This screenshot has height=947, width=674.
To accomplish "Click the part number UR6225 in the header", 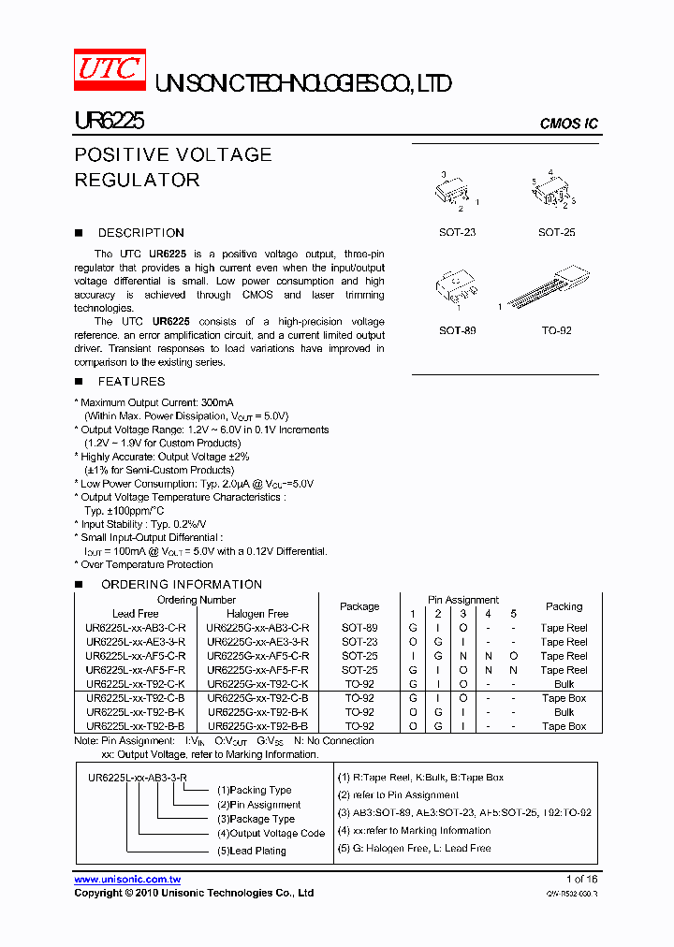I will (109, 122).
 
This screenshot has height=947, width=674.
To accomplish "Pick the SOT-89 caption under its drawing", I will (457, 330).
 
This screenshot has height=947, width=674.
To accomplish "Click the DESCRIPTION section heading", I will (140, 233).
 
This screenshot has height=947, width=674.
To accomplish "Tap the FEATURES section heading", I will (131, 382).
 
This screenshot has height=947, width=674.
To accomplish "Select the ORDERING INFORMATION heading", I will (181, 585).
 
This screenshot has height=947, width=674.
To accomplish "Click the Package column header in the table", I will (359, 606).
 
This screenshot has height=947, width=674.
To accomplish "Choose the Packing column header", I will (564, 606).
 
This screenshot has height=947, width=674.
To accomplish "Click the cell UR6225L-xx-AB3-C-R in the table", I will (136, 628).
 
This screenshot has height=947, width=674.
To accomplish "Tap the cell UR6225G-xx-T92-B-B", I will (257, 726).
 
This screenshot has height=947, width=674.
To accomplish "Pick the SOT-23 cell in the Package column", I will (359, 642).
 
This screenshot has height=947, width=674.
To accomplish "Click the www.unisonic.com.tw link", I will (127, 880).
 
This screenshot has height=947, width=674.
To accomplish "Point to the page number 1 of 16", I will (581, 880).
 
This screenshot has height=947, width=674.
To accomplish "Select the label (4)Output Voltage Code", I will (271, 833).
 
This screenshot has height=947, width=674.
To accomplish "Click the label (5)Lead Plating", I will (251, 851).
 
